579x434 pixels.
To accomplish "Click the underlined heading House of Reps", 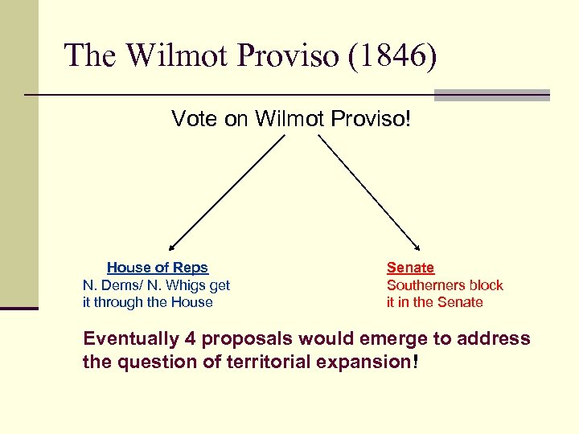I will pyautogui.click(x=158, y=268).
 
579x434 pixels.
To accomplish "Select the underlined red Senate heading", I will pyautogui.click(x=410, y=268).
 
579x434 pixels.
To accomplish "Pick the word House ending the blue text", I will pyautogui.click(x=193, y=303).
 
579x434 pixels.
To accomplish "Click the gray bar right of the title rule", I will pyautogui.click(x=491, y=95).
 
